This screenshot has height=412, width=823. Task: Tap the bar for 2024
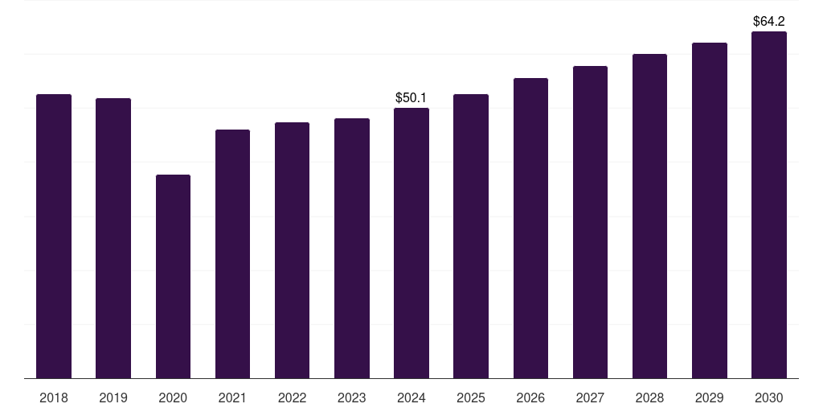coord(411,243)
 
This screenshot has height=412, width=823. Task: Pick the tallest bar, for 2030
coord(768,205)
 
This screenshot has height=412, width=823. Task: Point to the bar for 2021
coord(232,253)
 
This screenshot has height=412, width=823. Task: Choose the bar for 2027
coord(590,222)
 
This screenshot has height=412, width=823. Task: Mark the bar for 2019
coord(113,238)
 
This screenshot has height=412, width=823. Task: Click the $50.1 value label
coord(411,98)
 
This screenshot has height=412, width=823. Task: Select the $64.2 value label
coord(768,22)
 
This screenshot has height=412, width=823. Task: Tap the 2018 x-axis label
coord(54,398)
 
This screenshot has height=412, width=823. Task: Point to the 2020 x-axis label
coord(173,398)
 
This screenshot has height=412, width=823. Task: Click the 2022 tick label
coord(292,398)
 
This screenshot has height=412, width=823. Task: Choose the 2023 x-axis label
coord(352,398)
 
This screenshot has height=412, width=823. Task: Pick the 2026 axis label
coord(530,398)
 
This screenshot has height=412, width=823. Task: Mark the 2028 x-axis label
coord(649,398)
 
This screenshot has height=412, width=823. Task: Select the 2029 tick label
coord(709,398)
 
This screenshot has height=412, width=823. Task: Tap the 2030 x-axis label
coord(768,398)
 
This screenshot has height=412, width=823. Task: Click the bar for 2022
coord(292,250)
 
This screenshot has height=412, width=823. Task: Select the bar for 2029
coord(709,210)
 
